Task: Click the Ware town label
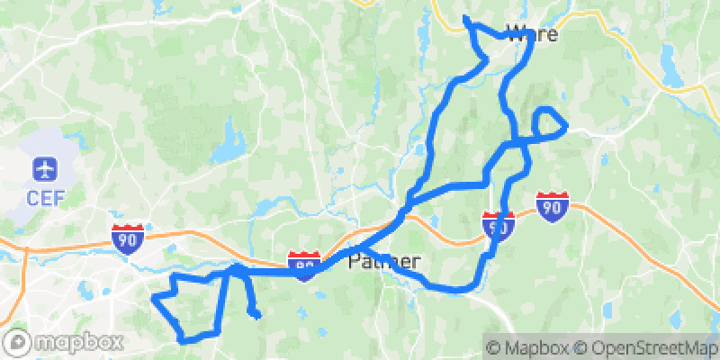[x=532, y=34]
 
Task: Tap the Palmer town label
[x=384, y=263]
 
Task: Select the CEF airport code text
[x=43, y=196]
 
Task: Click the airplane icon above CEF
[x=43, y=168]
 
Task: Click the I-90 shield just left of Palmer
[x=305, y=266]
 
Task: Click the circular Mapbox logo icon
[x=18, y=342]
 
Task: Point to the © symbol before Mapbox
[x=495, y=346]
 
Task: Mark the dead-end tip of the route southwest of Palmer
[x=256, y=315]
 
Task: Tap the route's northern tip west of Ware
[x=464, y=18]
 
